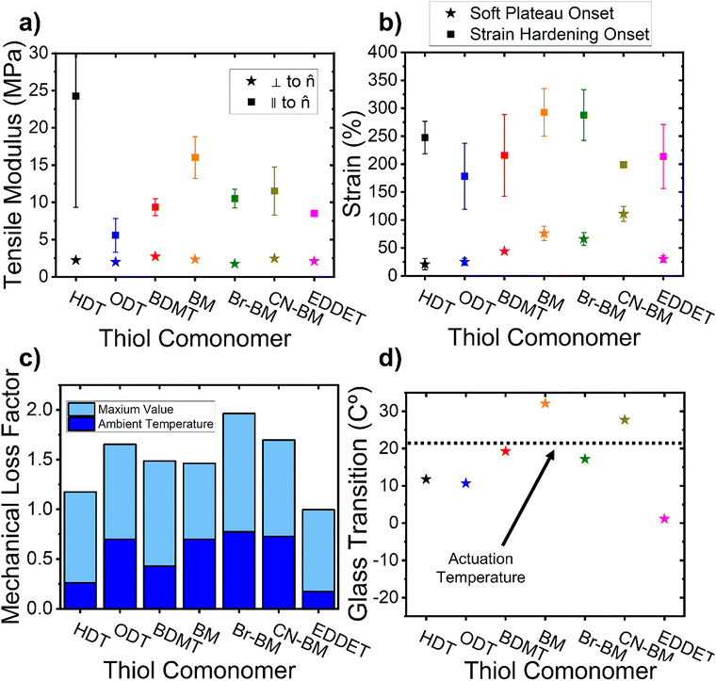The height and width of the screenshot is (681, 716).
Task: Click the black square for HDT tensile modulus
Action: pos(75,96)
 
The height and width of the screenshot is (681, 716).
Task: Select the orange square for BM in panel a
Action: pos(195,157)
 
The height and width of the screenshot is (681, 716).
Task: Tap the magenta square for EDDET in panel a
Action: pos(314,213)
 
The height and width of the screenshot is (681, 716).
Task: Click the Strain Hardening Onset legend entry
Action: pos(548,34)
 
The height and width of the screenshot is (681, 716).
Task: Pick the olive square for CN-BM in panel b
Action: pos(624,165)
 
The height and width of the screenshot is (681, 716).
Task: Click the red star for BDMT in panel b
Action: pos(504,251)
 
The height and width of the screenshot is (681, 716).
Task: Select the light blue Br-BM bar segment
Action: pos(239,473)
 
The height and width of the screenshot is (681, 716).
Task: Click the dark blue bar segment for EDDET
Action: pos(318,600)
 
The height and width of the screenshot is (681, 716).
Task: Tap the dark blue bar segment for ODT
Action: pos(120,574)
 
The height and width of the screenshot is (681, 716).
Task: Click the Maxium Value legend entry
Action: pos(121,409)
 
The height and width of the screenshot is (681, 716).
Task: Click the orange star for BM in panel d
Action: pos(545,403)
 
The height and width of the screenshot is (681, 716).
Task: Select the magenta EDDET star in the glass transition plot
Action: pos(664,518)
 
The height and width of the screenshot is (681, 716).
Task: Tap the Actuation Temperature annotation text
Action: pos(480,568)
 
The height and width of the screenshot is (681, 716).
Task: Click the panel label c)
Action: pos(30,359)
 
